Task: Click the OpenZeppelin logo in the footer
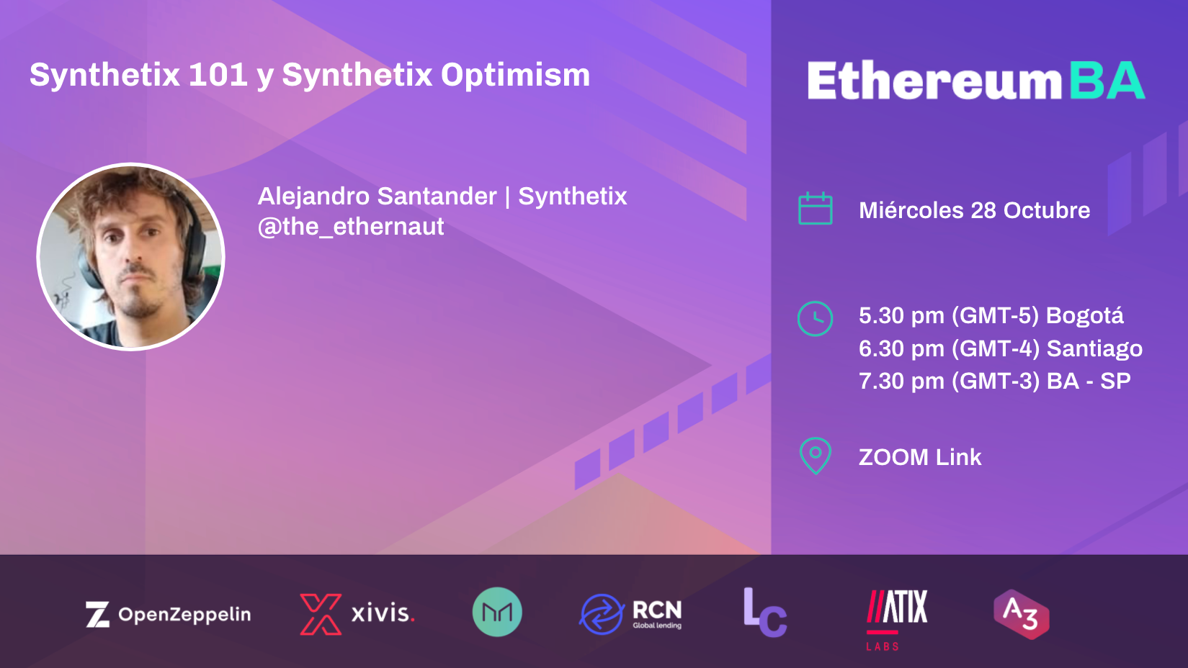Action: pyautogui.click(x=169, y=615)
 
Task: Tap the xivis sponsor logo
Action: pyautogui.click(x=357, y=614)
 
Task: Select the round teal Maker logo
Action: pyautogui.click(x=497, y=612)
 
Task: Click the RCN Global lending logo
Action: pyautogui.click(x=630, y=614)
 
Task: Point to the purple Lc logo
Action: pyautogui.click(x=764, y=613)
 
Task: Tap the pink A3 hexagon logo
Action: pyautogui.click(x=1021, y=614)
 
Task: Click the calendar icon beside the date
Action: pyautogui.click(x=816, y=209)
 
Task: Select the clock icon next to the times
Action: pyautogui.click(x=815, y=318)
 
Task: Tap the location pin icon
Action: pyautogui.click(x=816, y=456)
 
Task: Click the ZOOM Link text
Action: pyautogui.click(x=920, y=457)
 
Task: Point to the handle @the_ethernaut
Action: pyautogui.click(x=351, y=227)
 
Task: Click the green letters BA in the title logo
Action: pyautogui.click(x=1107, y=81)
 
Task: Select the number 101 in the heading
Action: pyautogui.click(x=218, y=75)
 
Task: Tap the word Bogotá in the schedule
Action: pyautogui.click(x=1084, y=316)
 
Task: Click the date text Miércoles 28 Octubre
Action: pyautogui.click(x=974, y=210)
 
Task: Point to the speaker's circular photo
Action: pyautogui.click(x=131, y=257)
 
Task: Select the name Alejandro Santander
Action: pyautogui.click(x=378, y=196)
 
